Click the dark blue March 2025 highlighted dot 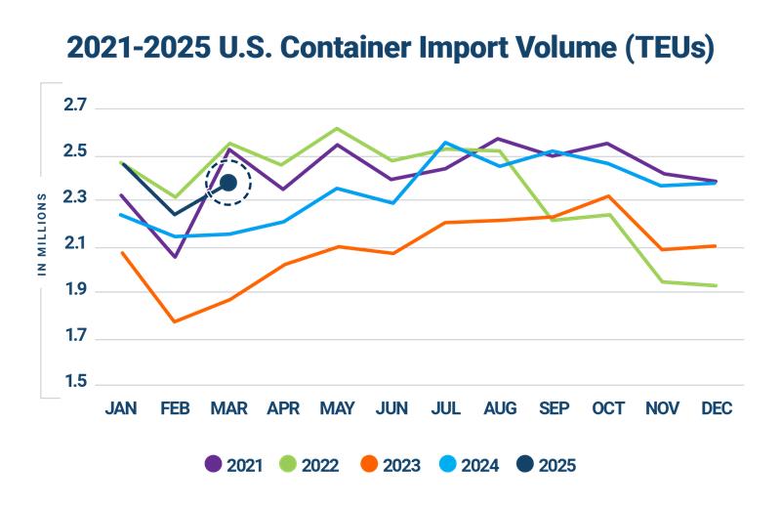point(228,183)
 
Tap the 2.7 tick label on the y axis point(75,106)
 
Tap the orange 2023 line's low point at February point(174,321)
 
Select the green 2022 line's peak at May point(337,128)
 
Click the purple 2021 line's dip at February point(174,257)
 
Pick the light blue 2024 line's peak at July point(445,143)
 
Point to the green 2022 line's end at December point(717,286)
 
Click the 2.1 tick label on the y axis point(75,244)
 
